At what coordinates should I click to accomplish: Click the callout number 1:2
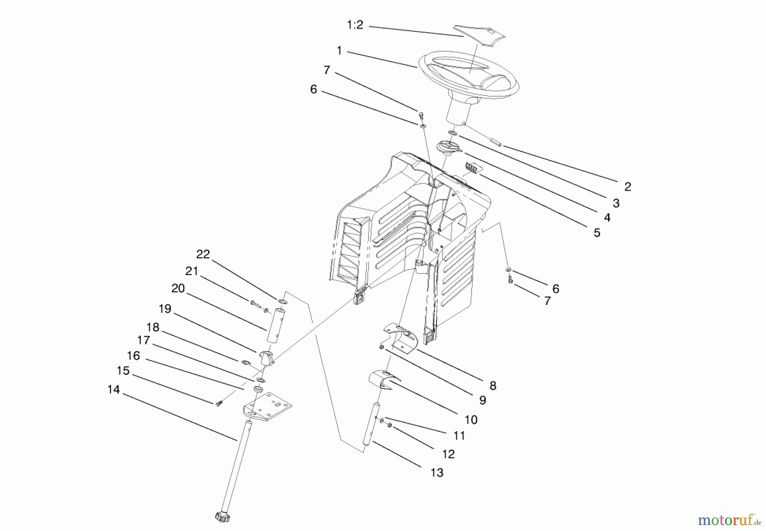(355, 26)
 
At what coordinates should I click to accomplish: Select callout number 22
(203, 254)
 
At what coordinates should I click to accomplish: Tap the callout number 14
(114, 390)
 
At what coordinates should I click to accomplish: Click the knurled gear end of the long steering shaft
(222, 516)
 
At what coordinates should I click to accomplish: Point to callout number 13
(437, 473)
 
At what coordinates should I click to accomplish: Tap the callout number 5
(597, 233)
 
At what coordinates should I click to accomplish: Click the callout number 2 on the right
(627, 187)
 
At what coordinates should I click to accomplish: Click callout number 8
(493, 386)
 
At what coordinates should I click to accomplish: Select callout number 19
(165, 309)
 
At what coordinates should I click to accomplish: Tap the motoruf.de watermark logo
(728, 520)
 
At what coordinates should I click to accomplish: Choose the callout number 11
(459, 436)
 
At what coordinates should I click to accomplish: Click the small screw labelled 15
(219, 403)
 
